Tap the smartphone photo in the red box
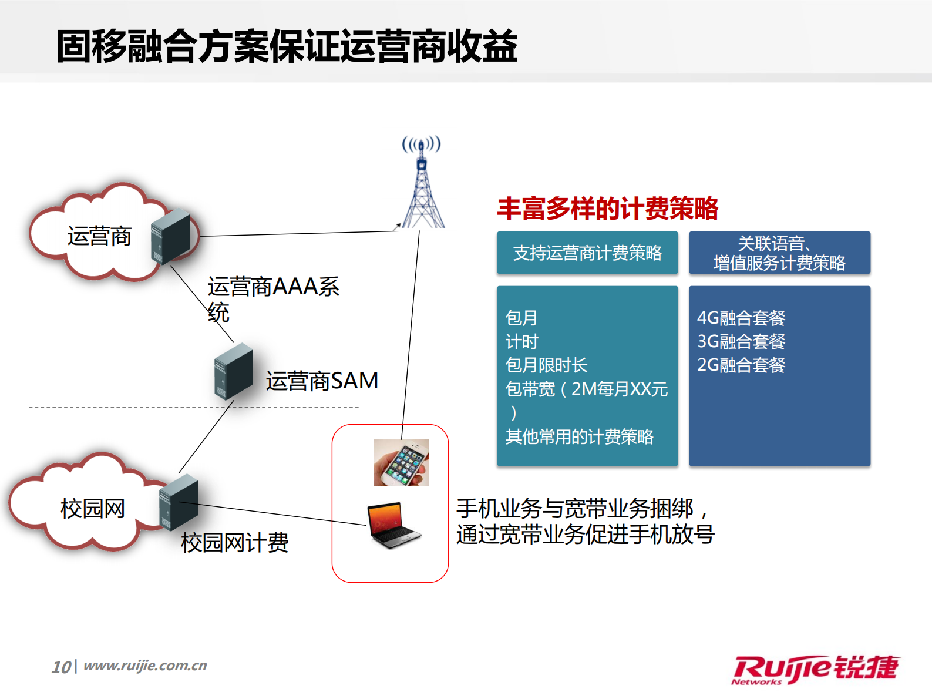point(401,463)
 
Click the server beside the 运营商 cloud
point(170,236)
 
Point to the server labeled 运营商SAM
point(233,372)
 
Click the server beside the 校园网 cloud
point(179,503)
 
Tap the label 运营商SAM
point(322,381)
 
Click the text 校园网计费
point(235,542)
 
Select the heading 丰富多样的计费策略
point(607,209)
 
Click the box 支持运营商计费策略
point(587,253)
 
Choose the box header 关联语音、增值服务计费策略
point(779,253)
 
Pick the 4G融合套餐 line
point(741,318)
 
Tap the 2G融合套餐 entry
point(741,365)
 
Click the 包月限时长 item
point(546,365)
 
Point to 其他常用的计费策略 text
point(579,436)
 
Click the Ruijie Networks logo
point(815,669)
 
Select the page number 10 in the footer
point(61,667)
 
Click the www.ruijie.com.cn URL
point(145,666)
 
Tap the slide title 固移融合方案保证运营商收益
point(287,46)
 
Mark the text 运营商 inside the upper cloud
point(99,236)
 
